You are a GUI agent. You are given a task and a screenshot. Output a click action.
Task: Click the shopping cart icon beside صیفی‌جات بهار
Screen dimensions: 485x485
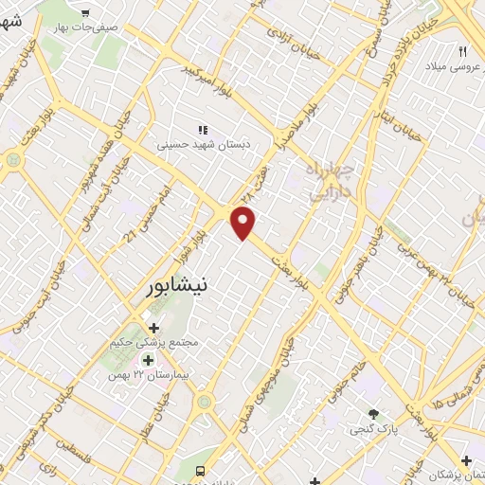click(85, 13)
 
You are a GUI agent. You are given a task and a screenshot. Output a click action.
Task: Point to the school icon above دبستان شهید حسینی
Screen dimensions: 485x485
click(201, 130)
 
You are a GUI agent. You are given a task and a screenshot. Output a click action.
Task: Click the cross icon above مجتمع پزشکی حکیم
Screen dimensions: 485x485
click(154, 328)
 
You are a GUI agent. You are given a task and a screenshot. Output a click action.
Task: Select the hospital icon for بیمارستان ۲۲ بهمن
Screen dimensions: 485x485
click(148, 360)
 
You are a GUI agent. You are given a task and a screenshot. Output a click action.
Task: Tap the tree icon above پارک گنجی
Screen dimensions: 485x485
click(373, 414)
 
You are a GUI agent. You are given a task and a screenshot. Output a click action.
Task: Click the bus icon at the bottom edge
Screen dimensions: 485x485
click(199, 471)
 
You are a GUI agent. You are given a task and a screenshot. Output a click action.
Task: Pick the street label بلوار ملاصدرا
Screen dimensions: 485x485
click(296, 131)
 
